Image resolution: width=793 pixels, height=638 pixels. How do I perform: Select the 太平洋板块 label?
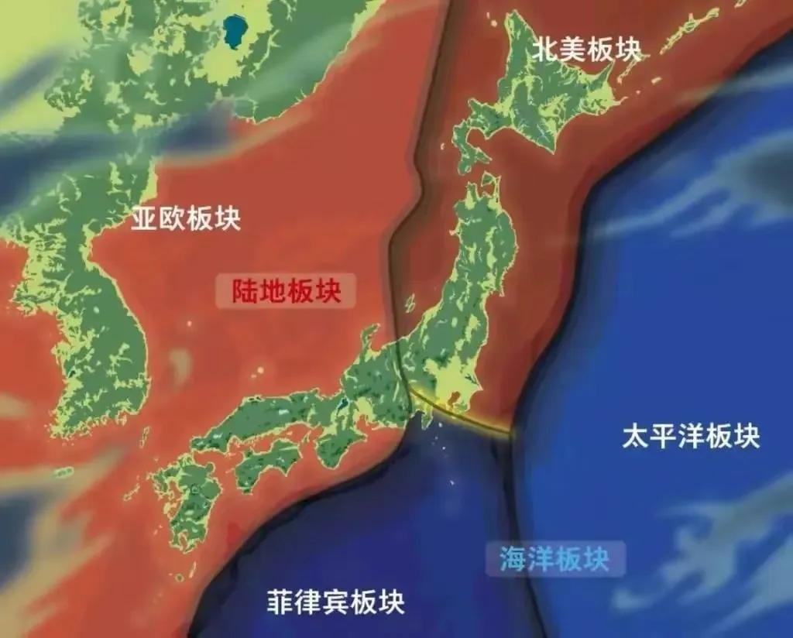pyautogui.click(x=691, y=437)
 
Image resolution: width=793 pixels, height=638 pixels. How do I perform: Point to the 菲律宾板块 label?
pyautogui.click(x=335, y=601)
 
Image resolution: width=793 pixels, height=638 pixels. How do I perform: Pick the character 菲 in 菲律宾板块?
pyautogui.click(x=280, y=601)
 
